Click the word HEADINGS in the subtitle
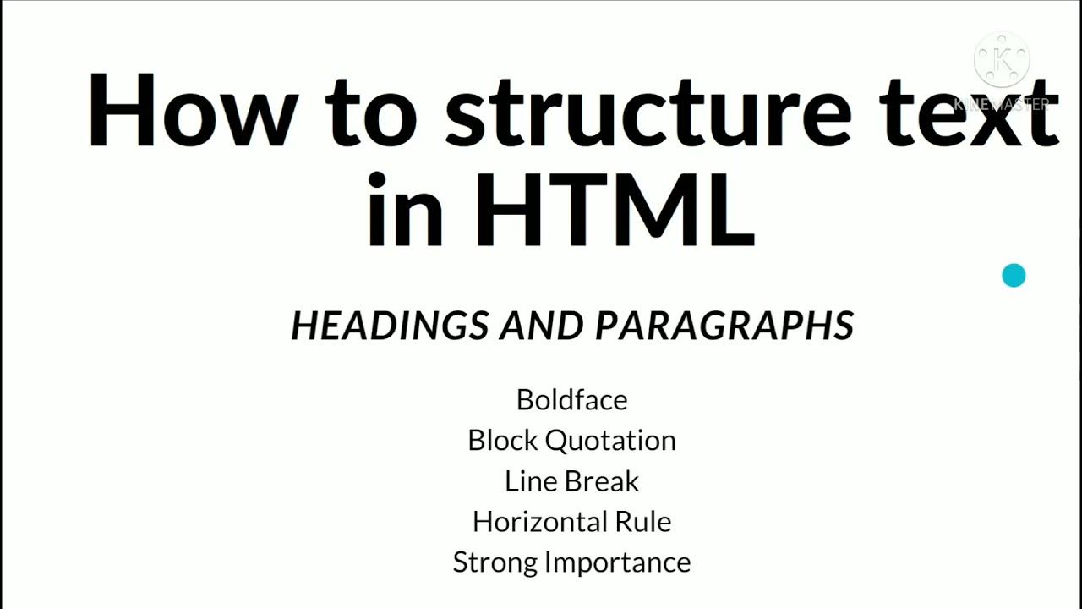click(390, 326)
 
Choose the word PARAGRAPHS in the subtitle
click(724, 326)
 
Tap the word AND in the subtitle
click(542, 326)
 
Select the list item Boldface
click(571, 399)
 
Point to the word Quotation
click(610, 440)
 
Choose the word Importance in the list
click(618, 562)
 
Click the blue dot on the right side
click(1014, 276)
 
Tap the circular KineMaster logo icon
click(1003, 59)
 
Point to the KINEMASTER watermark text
click(1003, 105)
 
